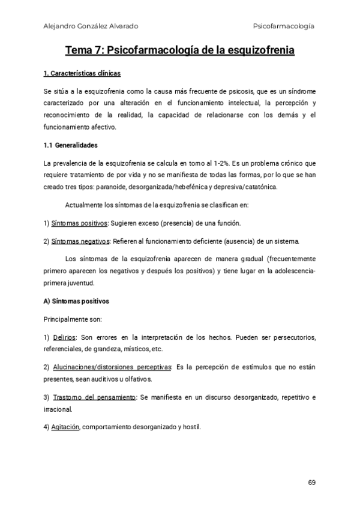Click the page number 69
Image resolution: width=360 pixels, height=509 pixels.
pos(311,483)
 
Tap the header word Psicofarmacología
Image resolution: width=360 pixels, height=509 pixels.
pos(284,26)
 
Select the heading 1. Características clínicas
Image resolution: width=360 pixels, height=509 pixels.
pos(82,74)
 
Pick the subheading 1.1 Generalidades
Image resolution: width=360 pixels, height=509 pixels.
pos(71,145)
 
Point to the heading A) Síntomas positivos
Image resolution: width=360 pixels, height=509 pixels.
pos(76,300)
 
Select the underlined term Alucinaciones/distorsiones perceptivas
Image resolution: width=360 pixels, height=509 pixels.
pos(112,367)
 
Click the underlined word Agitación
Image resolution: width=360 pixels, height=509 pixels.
pos(66,427)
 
